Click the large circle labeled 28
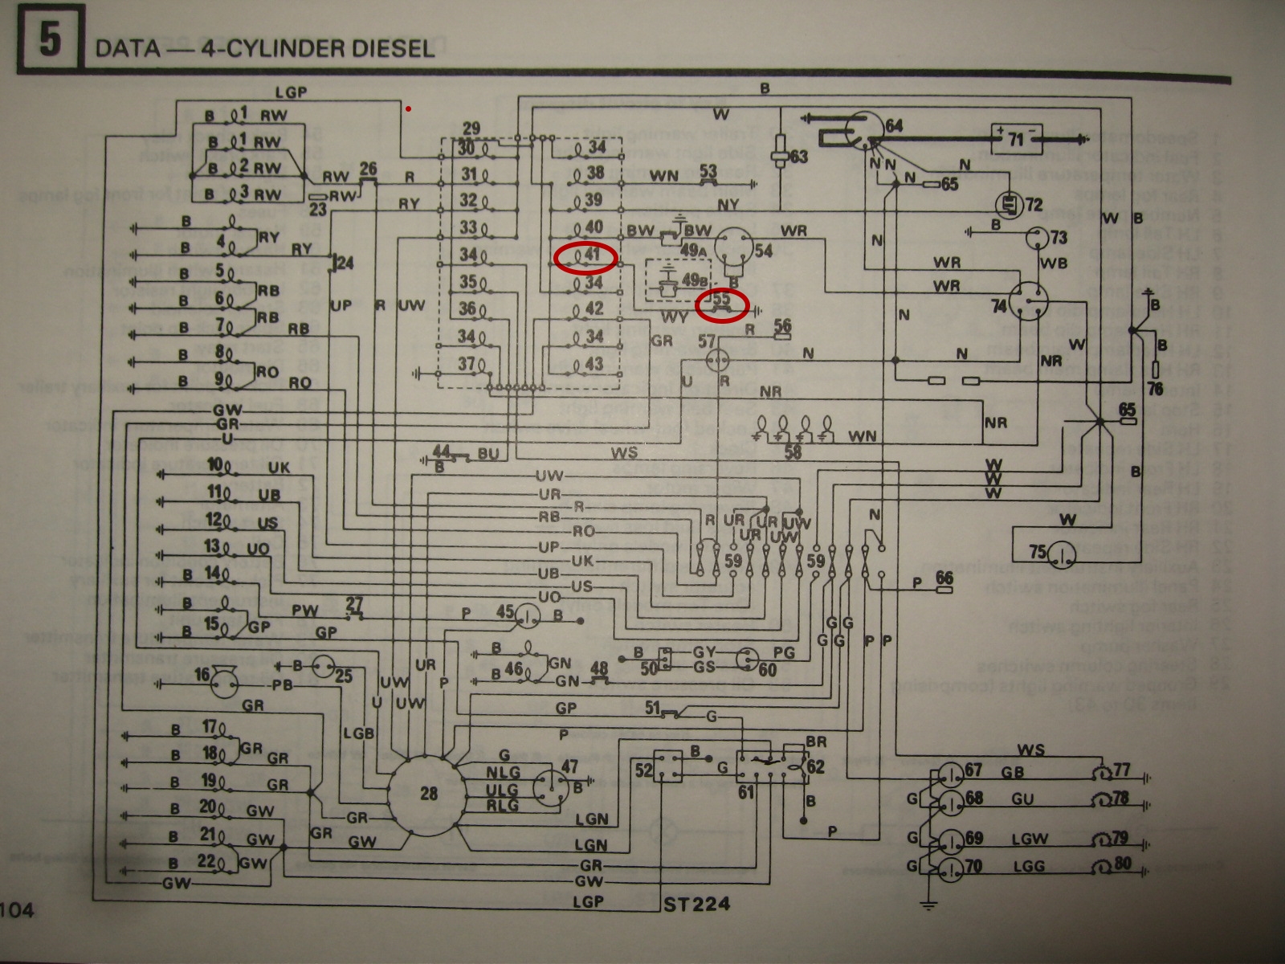click(428, 794)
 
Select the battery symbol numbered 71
click(1016, 140)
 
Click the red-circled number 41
click(586, 256)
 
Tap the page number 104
click(18, 911)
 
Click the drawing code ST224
click(696, 904)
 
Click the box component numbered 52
click(666, 769)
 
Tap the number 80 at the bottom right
click(1123, 863)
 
